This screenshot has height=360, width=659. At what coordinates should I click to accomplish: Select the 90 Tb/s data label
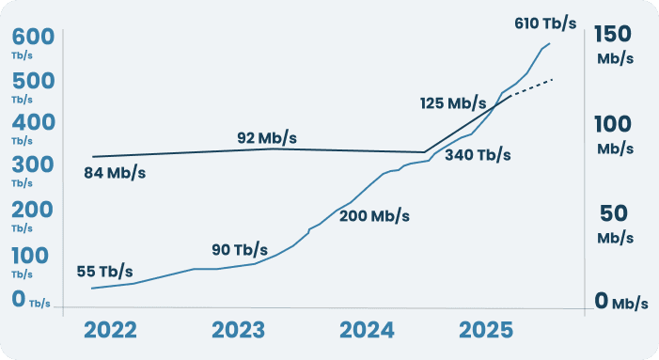coord(240,250)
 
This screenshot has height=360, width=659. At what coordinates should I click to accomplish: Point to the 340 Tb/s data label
coord(478,154)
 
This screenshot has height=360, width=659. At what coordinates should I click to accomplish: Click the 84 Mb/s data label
coord(115,173)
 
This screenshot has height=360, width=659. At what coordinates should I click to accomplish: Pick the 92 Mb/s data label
coord(267,139)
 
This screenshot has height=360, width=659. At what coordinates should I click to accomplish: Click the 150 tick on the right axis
coord(616,34)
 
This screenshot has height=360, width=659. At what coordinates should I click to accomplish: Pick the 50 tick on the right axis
coord(616,213)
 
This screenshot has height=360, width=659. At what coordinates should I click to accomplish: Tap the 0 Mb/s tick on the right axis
coord(620,302)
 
